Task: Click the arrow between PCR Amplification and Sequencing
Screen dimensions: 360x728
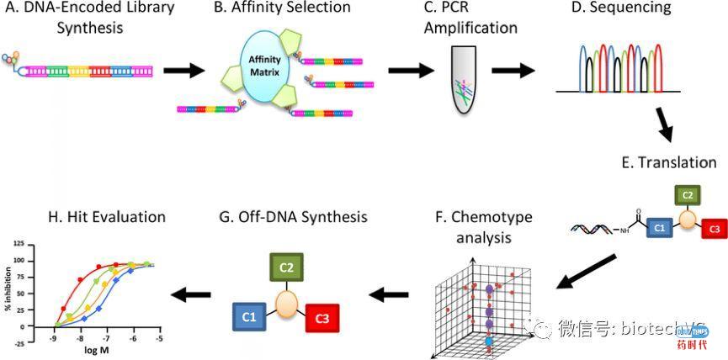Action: (x=514, y=69)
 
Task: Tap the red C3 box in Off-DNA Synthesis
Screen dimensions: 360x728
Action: (x=322, y=319)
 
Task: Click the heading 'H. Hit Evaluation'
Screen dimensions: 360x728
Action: (x=108, y=217)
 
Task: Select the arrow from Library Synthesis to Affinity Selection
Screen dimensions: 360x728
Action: (x=183, y=69)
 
